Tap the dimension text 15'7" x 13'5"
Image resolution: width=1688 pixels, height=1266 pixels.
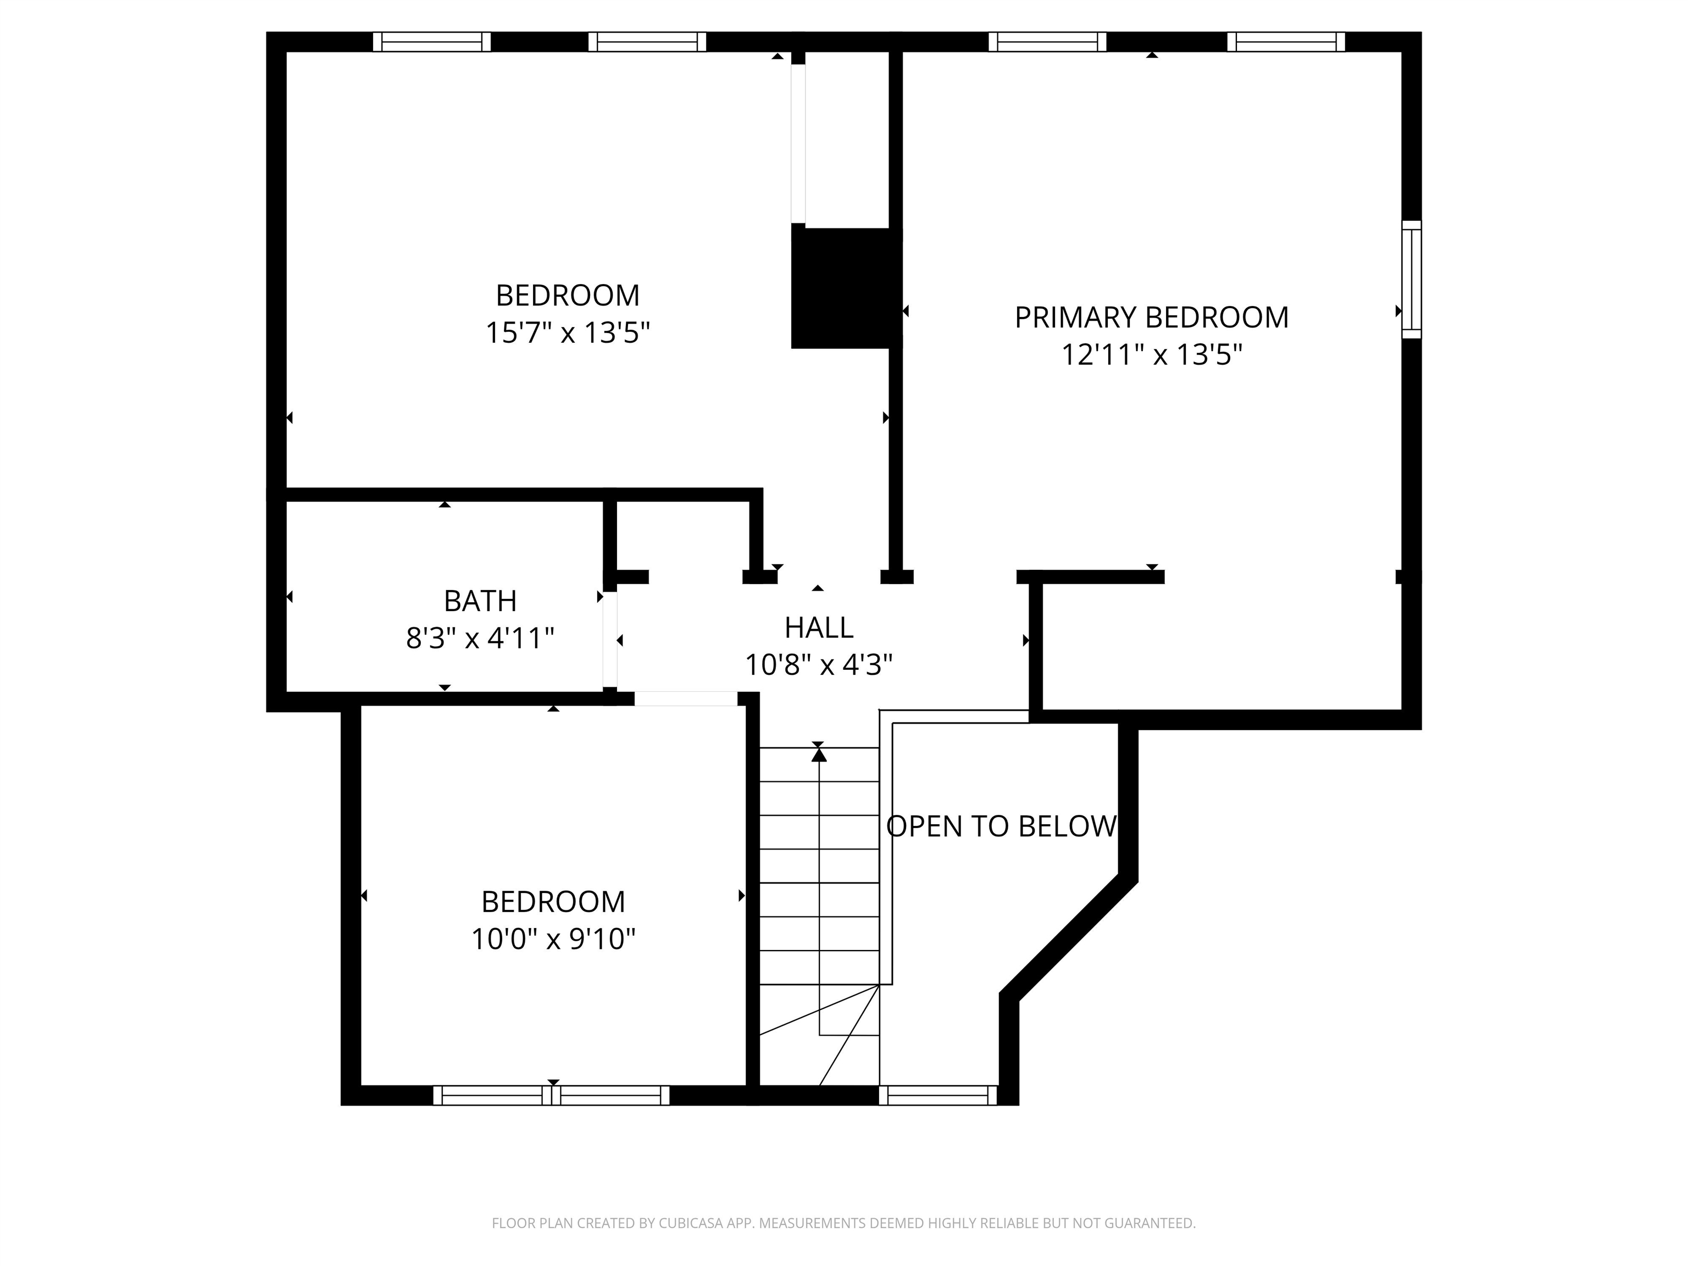point(568,333)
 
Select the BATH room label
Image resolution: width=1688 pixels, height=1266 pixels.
point(480,601)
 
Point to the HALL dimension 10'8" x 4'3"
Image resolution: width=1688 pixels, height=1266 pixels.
point(818,665)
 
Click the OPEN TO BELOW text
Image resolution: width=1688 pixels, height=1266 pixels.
point(1001,826)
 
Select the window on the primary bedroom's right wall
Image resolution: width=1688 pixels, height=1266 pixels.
point(1411,279)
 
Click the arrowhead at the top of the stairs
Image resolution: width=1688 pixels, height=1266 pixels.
point(819,755)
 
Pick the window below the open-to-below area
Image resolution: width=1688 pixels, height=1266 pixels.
point(938,1095)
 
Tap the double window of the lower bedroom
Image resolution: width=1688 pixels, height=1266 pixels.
point(551,1095)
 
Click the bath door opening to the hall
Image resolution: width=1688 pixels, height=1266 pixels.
point(610,640)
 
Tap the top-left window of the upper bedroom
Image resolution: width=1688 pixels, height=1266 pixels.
point(431,41)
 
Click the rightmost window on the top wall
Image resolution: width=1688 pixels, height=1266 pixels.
point(1285,41)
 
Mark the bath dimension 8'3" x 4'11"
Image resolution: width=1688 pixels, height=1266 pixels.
point(480,638)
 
